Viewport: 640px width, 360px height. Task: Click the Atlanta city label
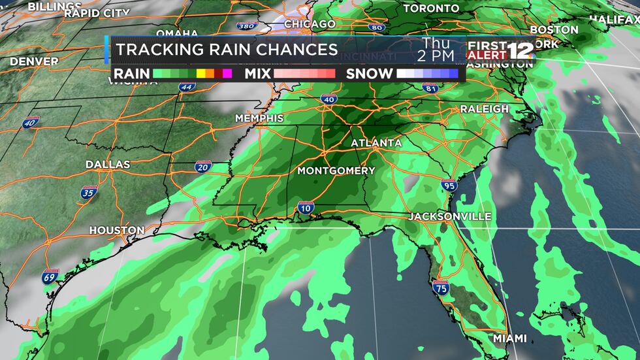click(376, 143)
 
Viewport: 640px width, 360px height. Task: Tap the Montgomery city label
click(336, 171)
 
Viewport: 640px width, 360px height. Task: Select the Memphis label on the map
click(260, 118)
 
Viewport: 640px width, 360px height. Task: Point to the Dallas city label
click(108, 165)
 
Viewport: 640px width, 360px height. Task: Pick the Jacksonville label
click(451, 216)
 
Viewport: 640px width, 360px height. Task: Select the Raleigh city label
click(484, 108)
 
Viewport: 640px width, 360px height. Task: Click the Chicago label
click(310, 24)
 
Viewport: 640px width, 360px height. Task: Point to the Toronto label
click(431, 8)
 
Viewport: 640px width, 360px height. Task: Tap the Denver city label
click(34, 61)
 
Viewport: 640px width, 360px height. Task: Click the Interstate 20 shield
click(202, 167)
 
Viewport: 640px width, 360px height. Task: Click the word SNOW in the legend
click(370, 74)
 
